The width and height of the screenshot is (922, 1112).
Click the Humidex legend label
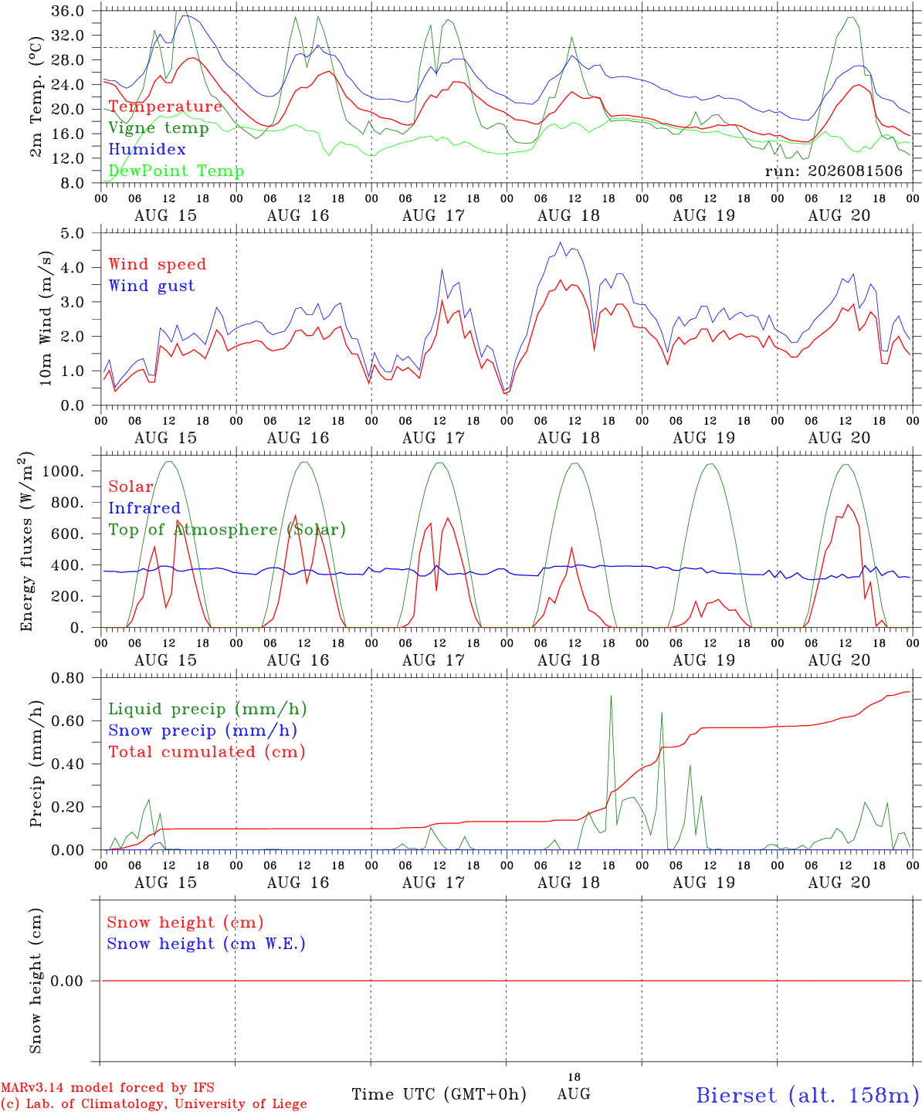[x=147, y=149]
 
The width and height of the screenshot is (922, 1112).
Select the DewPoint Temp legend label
[x=176, y=171]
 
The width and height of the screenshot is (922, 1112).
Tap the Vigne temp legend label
[x=159, y=128]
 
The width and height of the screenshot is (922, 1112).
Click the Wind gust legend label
[x=152, y=286]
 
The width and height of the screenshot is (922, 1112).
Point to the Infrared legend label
[x=144, y=508]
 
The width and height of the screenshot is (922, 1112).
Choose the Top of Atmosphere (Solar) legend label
[x=228, y=530]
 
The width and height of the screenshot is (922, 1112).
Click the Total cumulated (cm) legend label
[x=207, y=752]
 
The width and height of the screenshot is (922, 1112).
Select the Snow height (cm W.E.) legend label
[x=206, y=944]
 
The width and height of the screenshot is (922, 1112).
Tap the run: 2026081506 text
[x=833, y=171]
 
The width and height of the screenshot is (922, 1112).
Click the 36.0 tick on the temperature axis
[x=68, y=11]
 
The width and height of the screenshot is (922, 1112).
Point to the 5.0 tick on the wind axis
[x=72, y=233]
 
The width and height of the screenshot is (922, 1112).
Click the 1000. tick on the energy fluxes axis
[x=63, y=471]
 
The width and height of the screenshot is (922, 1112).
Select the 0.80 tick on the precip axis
[x=68, y=678]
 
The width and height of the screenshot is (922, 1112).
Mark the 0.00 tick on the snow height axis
[x=66, y=981]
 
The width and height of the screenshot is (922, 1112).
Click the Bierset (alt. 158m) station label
[x=808, y=1095]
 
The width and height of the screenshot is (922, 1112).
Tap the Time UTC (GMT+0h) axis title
[x=439, y=1094]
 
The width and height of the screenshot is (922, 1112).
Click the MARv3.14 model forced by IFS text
[x=107, y=1087]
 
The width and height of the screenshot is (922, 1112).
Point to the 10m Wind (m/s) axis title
[x=46, y=318]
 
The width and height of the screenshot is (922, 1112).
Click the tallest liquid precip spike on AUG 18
[x=611, y=697]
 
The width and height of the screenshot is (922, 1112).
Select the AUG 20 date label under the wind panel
[x=839, y=438]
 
